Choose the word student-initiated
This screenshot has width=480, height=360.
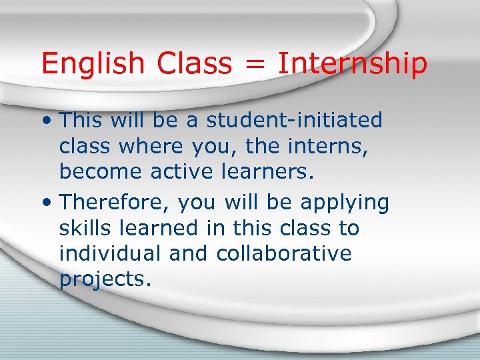pyautogui.click(x=294, y=121)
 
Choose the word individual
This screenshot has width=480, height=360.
pyautogui.click(x=110, y=254)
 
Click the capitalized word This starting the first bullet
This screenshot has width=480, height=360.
pyautogui.click(x=83, y=121)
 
